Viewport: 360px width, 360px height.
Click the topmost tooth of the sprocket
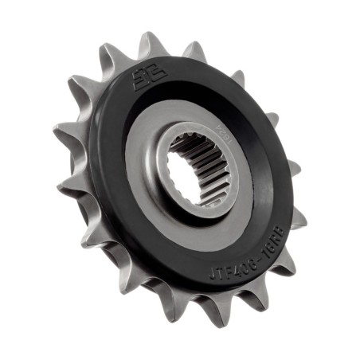click(x=151, y=41)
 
